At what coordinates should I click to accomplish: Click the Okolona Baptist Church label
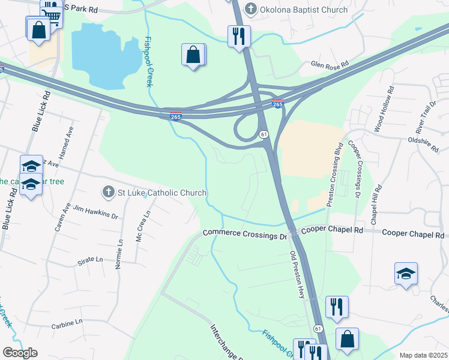(304, 10)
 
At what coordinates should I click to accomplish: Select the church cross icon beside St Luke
(108, 193)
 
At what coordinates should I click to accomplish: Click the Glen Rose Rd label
(330, 64)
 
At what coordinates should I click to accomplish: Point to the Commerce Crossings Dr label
(245, 234)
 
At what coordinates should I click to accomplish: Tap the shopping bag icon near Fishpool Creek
(193, 55)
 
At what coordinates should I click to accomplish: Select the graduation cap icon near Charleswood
(406, 274)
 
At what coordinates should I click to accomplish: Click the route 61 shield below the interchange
(264, 134)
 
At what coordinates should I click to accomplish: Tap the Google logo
(20, 353)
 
